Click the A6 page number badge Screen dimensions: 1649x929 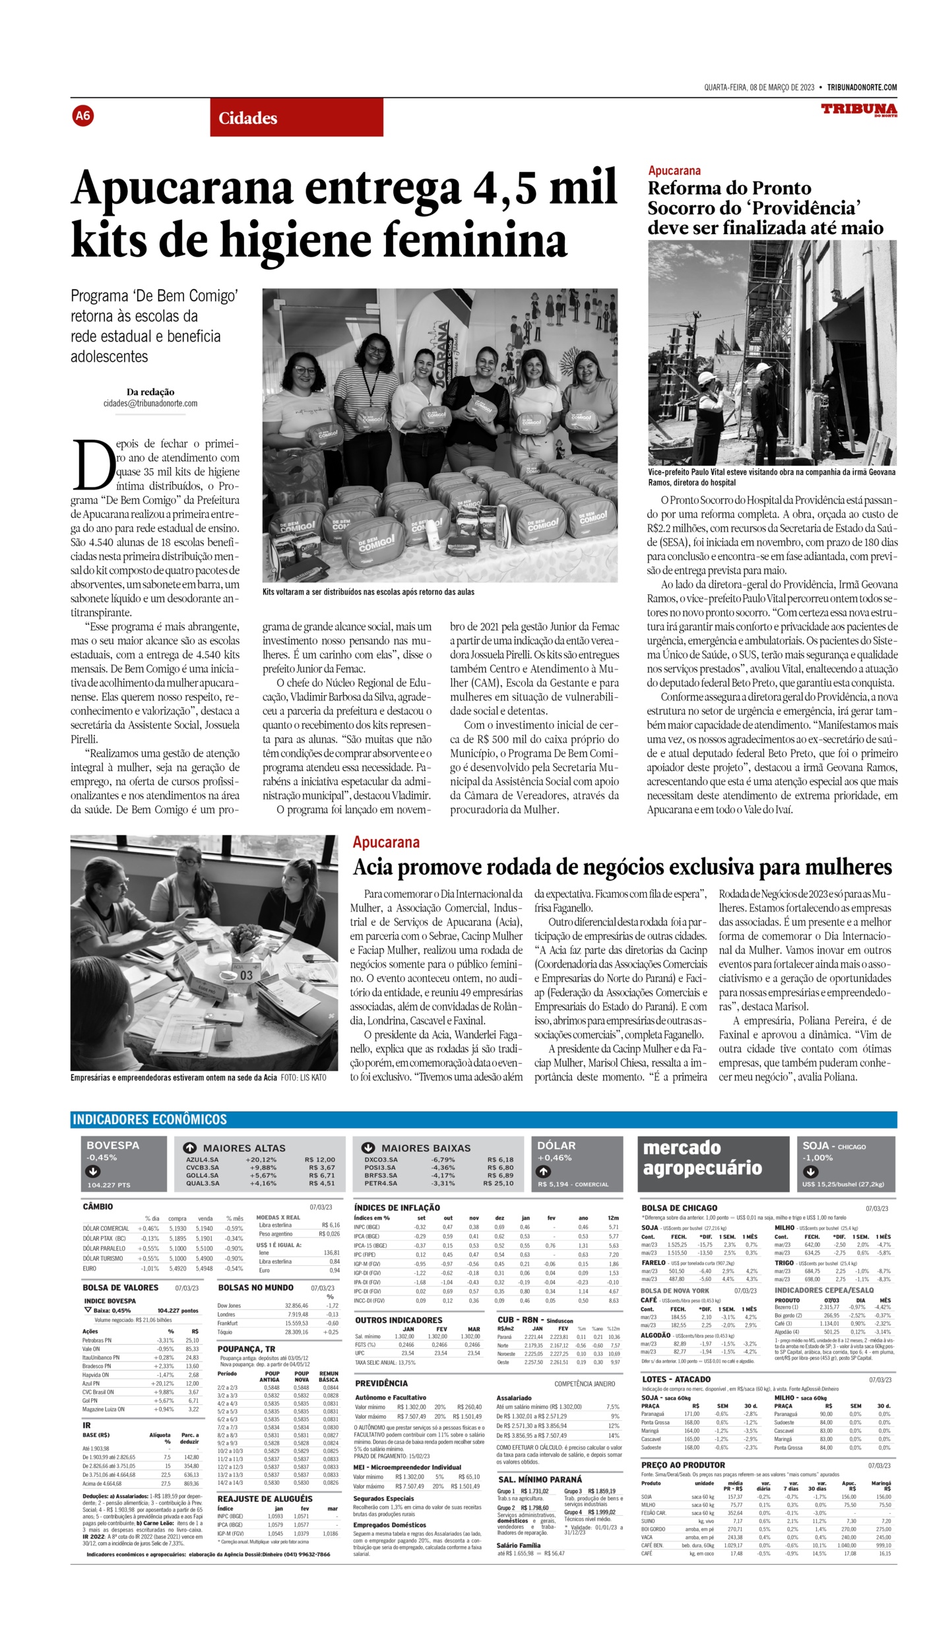(x=82, y=116)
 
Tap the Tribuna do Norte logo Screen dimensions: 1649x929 (x=858, y=109)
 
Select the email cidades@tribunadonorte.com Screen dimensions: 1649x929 (x=150, y=404)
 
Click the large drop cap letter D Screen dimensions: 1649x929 (x=92, y=464)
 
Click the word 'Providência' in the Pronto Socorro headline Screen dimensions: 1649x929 (x=804, y=208)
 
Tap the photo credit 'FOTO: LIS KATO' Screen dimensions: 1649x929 (x=303, y=1077)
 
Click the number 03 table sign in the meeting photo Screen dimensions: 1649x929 (x=246, y=975)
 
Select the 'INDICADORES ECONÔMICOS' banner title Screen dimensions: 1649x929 (x=150, y=1119)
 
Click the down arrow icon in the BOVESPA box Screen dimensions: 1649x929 (x=93, y=1171)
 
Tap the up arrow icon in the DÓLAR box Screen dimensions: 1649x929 (x=543, y=1171)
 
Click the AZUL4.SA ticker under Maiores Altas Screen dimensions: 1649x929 (x=202, y=1160)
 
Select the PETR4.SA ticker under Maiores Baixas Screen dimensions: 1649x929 (x=381, y=1183)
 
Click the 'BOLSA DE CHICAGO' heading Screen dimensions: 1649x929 (x=679, y=1208)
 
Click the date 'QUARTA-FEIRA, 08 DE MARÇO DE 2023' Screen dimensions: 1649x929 (x=759, y=88)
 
